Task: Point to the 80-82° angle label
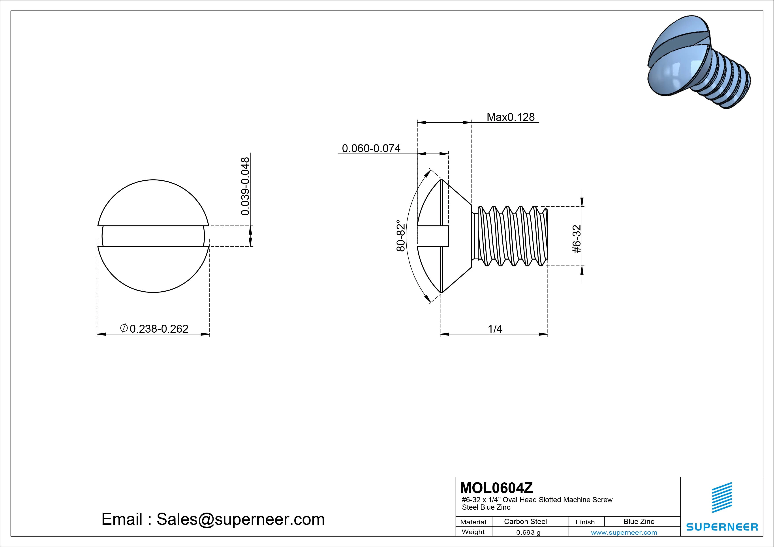pyautogui.click(x=400, y=236)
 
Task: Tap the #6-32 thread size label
pyautogui.click(x=577, y=239)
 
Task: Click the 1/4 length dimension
pyautogui.click(x=495, y=329)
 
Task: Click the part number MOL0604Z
pyautogui.click(x=496, y=488)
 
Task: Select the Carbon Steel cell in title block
pyautogui.click(x=525, y=521)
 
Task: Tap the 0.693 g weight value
pyautogui.click(x=528, y=532)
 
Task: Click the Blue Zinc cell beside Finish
pyautogui.click(x=639, y=521)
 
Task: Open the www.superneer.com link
pyautogui.click(x=624, y=532)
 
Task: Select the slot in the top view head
pyautogui.click(x=153, y=236)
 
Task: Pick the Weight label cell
pyautogui.click(x=473, y=532)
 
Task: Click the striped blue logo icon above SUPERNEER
pyautogui.click(x=721, y=497)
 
